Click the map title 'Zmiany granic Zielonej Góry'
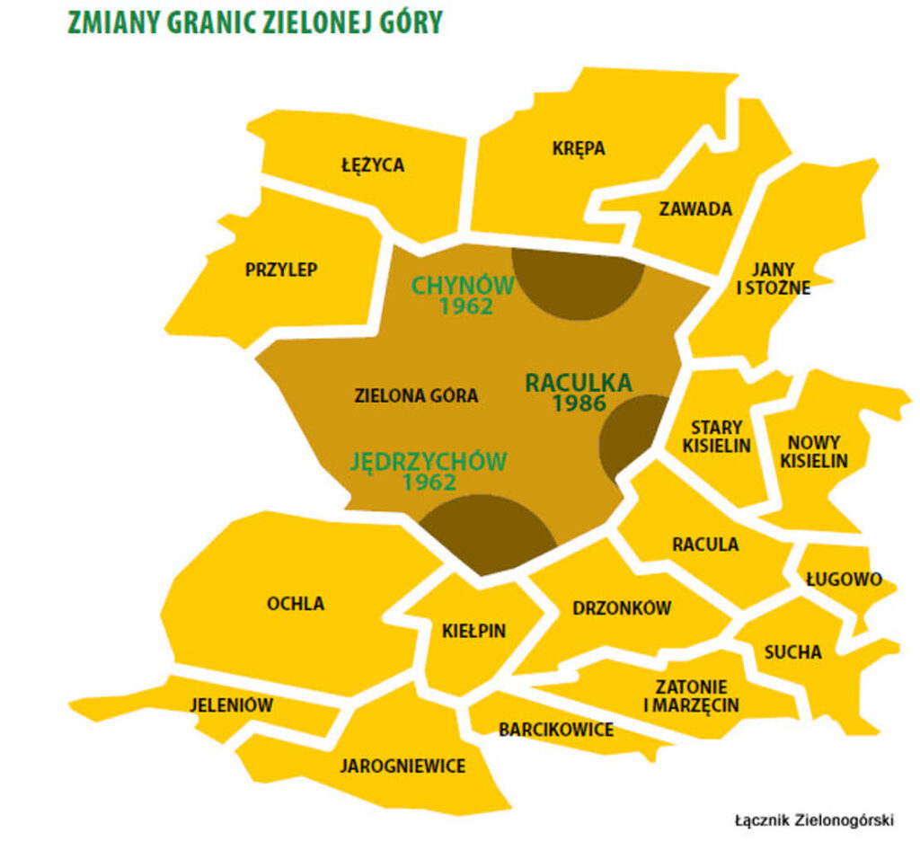[255, 23]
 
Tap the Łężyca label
[373, 165]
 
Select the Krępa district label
[579, 148]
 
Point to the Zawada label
[695, 209]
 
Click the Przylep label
[281, 270]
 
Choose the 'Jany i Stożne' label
[768, 279]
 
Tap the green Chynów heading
[463, 286]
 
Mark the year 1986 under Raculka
[579, 403]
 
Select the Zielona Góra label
[416, 395]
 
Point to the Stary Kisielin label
[716, 436]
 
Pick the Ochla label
[295, 604]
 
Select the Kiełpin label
[473, 631]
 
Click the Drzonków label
[622, 608]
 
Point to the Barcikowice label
[556, 729]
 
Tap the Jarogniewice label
[402, 766]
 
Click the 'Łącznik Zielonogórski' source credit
[814, 820]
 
